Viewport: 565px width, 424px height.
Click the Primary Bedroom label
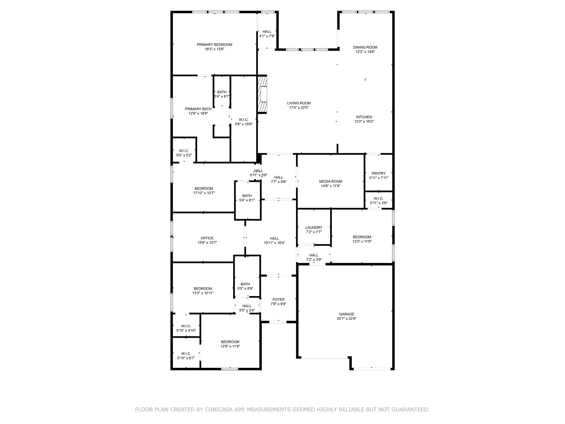pos(214,45)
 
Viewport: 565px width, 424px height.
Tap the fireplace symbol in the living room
pos(262,94)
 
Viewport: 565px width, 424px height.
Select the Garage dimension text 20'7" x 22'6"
pos(347,319)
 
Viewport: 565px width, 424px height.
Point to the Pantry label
pos(379,173)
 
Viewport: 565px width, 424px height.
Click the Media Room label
pos(331,181)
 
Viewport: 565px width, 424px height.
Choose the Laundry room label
pos(314,227)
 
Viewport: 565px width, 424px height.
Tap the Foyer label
pos(278,299)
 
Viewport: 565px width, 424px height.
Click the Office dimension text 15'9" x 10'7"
pos(207,243)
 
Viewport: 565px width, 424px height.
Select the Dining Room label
pos(365,47)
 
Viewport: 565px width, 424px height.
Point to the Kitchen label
pos(364,117)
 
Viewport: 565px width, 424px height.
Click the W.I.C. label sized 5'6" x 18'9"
pos(243,120)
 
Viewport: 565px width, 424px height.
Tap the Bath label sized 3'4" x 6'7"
pos(222,92)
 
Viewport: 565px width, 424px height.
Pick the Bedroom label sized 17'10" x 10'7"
pos(204,189)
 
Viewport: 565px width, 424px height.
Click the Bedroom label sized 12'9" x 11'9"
pos(230,342)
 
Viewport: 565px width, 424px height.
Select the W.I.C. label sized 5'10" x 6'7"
pos(186,354)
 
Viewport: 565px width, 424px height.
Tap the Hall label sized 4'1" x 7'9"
pos(267,32)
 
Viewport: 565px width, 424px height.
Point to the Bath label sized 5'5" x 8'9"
pos(245,284)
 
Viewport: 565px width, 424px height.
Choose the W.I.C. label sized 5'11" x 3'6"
pos(379,198)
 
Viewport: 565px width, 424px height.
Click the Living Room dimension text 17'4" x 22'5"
pos(299,108)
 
